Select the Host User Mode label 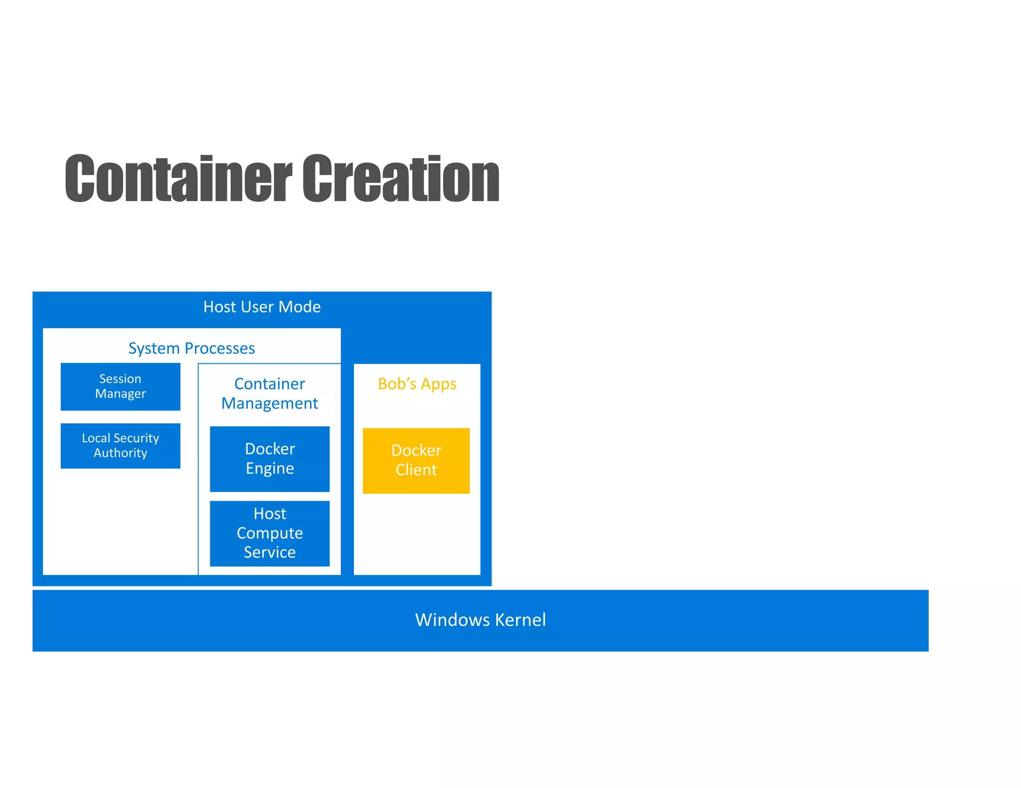pos(262,307)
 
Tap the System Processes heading pos(191,348)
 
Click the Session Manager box pos(120,387)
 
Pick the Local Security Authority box pos(120,446)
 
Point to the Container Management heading pos(270,394)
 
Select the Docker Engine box pos(270,459)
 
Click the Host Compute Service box pos(270,533)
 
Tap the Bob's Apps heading pos(417,384)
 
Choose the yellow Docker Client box pos(416,461)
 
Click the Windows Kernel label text pos(480,620)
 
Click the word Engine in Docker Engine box pos(270,469)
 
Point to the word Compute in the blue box pos(270,533)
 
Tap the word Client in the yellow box pos(416,470)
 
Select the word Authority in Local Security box pos(120,453)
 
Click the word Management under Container pos(270,403)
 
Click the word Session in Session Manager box pos(120,379)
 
